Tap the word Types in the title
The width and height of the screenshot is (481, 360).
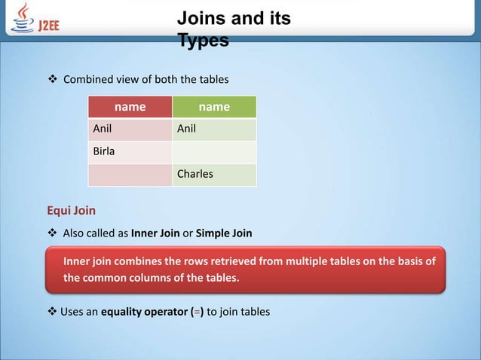coord(203,41)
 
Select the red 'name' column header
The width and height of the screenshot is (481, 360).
coord(130,107)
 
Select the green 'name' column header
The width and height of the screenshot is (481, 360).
coord(214,107)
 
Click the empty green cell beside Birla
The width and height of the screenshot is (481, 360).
coord(214,151)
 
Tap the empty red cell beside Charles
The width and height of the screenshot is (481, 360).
coord(130,174)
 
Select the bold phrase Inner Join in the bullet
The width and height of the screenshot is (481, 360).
coord(155,233)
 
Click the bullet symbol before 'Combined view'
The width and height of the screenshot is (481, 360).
coord(53,80)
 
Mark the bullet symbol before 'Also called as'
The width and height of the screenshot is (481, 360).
coord(53,233)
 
